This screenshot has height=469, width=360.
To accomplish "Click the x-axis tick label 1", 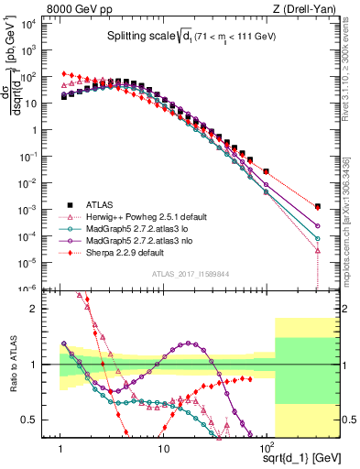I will [61, 445].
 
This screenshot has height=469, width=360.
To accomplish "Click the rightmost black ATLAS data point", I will [317, 207].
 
